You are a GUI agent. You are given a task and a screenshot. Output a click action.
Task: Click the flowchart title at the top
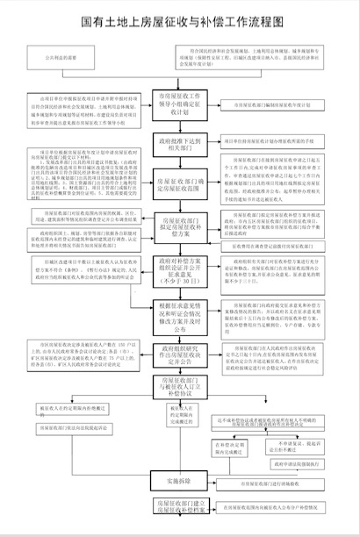click(x=180, y=17)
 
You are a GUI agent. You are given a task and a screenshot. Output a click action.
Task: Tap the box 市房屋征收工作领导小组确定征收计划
click(x=180, y=102)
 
